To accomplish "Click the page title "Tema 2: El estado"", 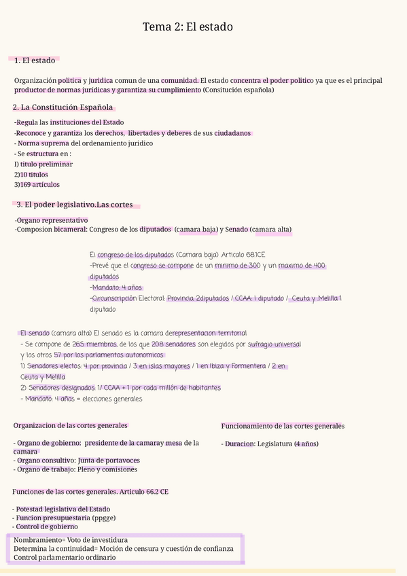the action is tap(188, 27).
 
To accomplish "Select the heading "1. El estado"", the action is tap(35, 61).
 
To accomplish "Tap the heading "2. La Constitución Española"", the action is tap(63, 107).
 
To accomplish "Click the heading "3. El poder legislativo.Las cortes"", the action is tap(75, 204).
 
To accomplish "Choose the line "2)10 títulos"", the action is tap(31, 174).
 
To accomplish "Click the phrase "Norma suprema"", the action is tap(43, 143).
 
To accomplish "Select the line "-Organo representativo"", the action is tap(51, 220).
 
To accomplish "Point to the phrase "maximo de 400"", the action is tap(302, 266).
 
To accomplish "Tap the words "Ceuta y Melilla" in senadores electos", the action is tap(43, 376).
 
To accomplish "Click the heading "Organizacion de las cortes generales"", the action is tap(70, 425).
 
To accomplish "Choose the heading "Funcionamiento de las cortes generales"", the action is tap(283, 426).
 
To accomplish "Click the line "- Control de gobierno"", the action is tap(45, 526).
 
